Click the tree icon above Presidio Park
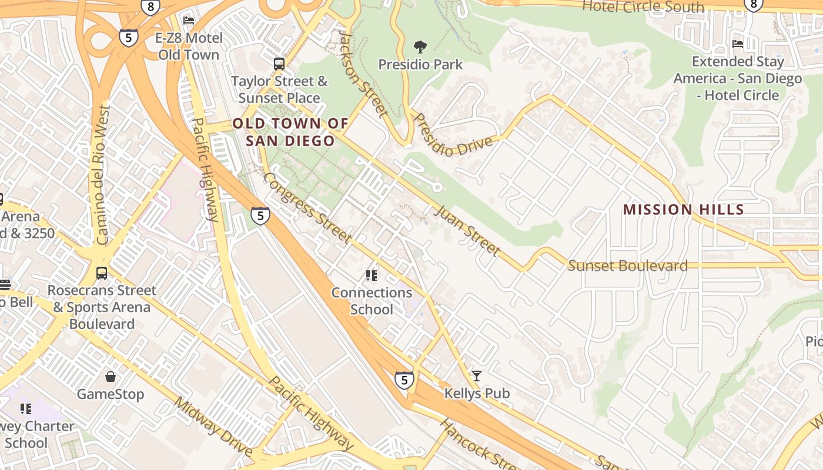click(x=420, y=46)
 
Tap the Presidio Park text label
click(x=420, y=65)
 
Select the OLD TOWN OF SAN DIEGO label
click(x=290, y=132)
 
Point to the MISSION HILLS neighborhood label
click(x=684, y=210)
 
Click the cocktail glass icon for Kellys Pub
click(x=477, y=376)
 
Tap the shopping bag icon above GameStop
click(x=111, y=377)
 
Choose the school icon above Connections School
click(x=371, y=275)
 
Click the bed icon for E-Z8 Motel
click(x=189, y=21)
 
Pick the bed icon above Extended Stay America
click(x=738, y=44)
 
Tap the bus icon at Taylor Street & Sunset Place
click(x=279, y=63)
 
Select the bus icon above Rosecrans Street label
click(x=102, y=273)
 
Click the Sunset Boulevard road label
click(x=627, y=266)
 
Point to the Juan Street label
click(x=467, y=230)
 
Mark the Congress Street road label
click(x=307, y=207)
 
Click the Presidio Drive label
click(x=453, y=135)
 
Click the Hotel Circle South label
click(x=643, y=7)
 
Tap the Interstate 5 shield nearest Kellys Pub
click(x=404, y=380)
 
